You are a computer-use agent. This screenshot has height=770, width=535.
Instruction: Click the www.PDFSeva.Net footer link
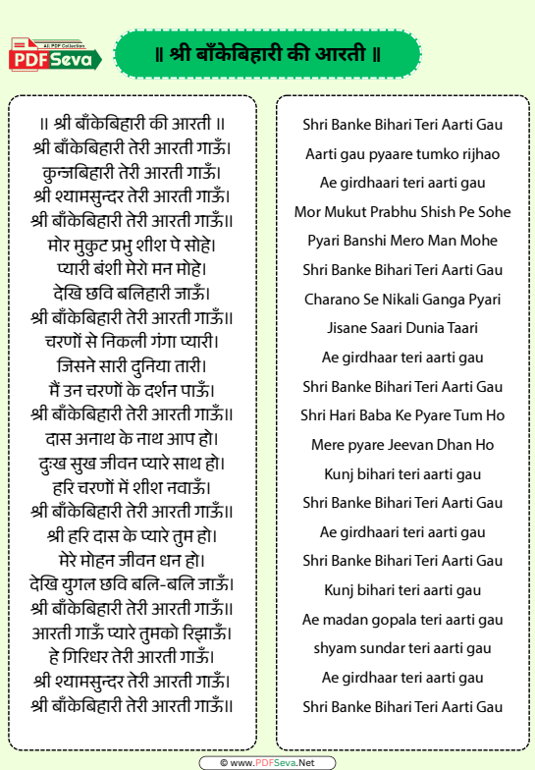[267, 762]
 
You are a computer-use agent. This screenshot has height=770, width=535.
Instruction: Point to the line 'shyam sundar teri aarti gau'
[402, 648]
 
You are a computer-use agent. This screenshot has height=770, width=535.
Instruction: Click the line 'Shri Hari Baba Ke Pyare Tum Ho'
[402, 415]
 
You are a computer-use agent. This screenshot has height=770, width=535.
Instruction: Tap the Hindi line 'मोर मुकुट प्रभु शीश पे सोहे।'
[132, 244]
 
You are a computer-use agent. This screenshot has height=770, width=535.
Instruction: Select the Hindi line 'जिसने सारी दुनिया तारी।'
[132, 366]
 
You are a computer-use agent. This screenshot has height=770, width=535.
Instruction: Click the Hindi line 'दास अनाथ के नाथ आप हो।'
[132, 437]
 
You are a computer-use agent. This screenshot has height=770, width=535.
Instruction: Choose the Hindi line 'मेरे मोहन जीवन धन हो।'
[132, 560]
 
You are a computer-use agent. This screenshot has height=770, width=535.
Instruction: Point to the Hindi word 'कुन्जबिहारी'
[75, 172]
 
